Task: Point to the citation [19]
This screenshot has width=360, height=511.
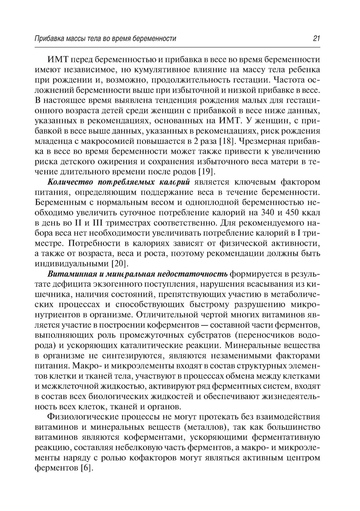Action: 207,171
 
